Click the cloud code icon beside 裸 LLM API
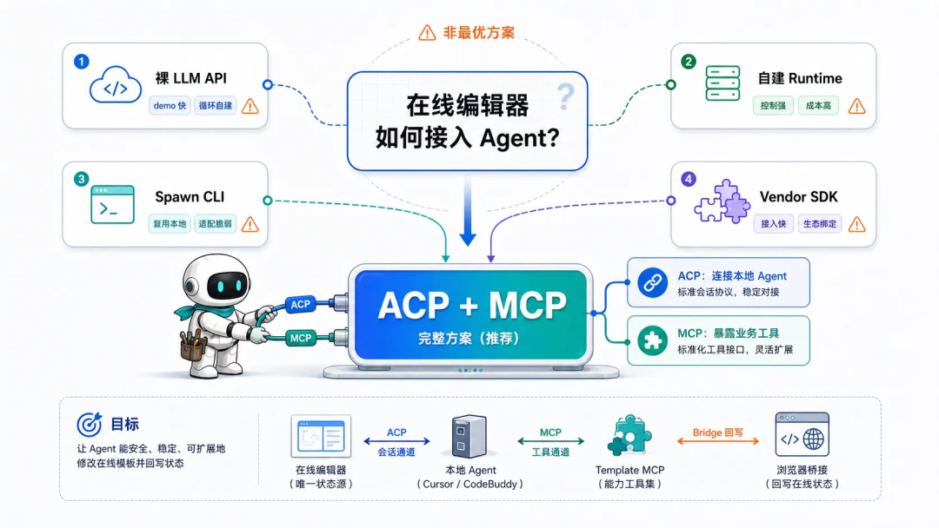click(116, 85)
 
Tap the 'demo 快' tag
click(170, 106)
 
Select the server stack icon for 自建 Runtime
click(723, 83)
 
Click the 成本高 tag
click(818, 106)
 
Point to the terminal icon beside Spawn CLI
click(112, 204)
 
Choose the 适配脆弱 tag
click(215, 224)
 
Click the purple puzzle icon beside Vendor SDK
click(723, 201)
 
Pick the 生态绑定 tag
click(820, 224)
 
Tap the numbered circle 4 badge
click(688, 179)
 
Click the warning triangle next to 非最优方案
click(427, 32)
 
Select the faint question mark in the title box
click(565, 96)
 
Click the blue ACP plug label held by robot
click(300, 304)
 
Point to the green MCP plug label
click(301, 338)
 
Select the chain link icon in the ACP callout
click(652, 282)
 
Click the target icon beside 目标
click(90, 424)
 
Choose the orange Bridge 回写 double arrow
click(718, 441)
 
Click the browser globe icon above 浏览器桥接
click(802, 435)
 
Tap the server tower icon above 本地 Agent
click(469, 437)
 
